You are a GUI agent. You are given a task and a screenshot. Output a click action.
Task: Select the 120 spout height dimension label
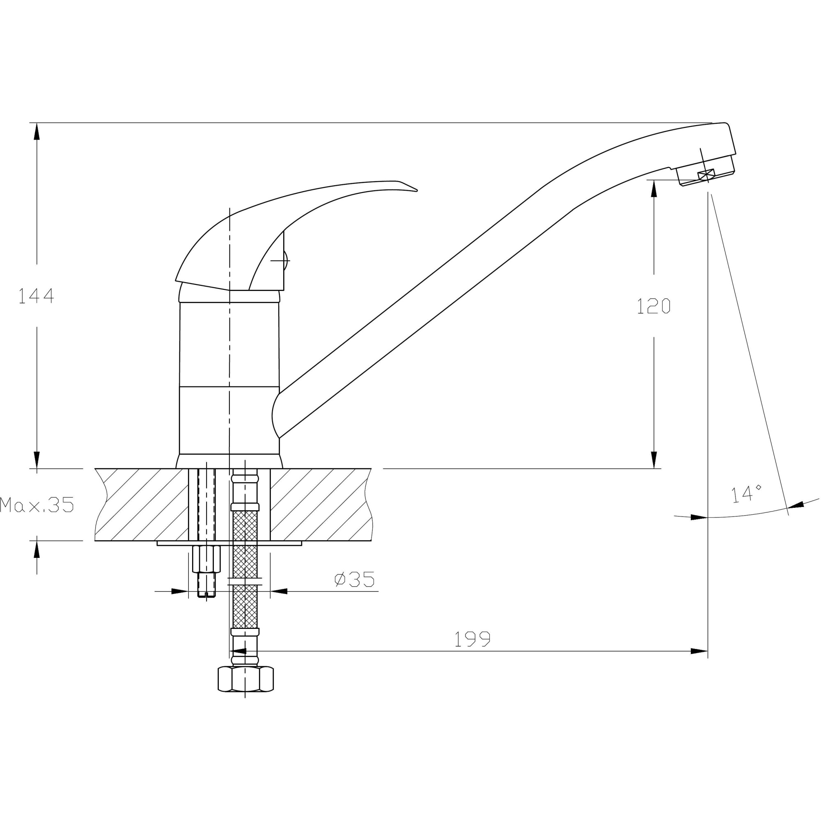pos(654,306)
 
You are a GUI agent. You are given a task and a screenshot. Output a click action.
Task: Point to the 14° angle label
pos(746,494)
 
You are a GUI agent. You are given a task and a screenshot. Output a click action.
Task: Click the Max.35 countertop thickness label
pos(37,505)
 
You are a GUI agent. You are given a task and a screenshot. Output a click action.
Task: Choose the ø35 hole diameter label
pos(355,579)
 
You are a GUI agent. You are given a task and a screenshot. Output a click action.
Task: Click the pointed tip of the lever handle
pos(417,190)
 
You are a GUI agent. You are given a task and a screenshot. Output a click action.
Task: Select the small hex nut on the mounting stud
pos(206,559)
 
